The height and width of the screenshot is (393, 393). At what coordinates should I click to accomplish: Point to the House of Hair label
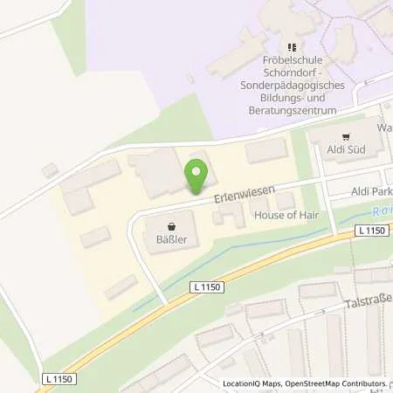(x=286, y=214)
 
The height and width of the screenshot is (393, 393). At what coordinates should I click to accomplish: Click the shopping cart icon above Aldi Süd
(x=346, y=137)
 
